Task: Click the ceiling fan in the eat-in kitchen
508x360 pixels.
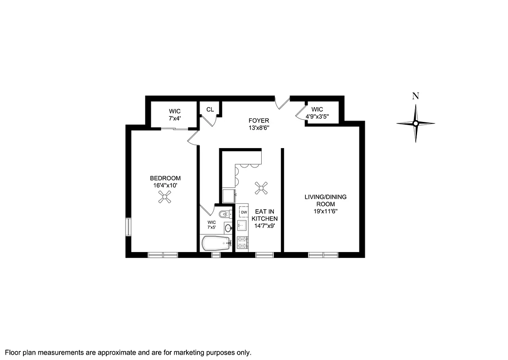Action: (261, 188)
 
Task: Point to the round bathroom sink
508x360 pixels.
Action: (227, 229)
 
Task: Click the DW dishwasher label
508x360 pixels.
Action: (244, 212)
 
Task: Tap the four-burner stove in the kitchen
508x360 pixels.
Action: (242, 243)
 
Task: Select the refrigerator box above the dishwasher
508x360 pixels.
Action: (229, 196)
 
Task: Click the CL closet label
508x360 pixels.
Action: (210, 109)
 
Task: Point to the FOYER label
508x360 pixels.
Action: (259, 121)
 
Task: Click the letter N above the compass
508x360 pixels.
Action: (416, 96)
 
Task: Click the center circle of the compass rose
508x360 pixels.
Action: (416, 123)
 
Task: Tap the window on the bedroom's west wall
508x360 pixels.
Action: (128, 227)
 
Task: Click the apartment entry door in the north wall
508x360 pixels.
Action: (282, 102)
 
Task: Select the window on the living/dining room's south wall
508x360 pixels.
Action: (323, 255)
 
